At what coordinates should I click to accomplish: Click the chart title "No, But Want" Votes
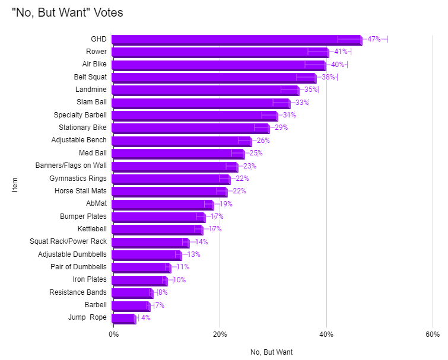68,12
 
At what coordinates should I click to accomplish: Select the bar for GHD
236,40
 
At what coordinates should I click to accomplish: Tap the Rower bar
220,52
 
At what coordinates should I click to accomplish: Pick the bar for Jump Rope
123,318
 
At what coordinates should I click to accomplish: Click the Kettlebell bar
157,230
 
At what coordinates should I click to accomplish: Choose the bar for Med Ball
177,154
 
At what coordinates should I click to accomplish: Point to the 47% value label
374,39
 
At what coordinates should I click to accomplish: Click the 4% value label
145,318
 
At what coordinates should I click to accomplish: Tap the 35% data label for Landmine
311,90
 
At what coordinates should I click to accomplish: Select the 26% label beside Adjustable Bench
263,141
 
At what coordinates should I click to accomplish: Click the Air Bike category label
94,64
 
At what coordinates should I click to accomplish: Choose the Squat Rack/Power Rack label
68,241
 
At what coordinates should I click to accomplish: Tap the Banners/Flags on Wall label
71,165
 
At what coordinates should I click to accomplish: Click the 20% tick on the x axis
220,334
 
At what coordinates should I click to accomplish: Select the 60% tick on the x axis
433,334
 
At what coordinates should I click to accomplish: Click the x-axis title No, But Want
272,352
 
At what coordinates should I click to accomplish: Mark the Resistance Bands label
78,292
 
